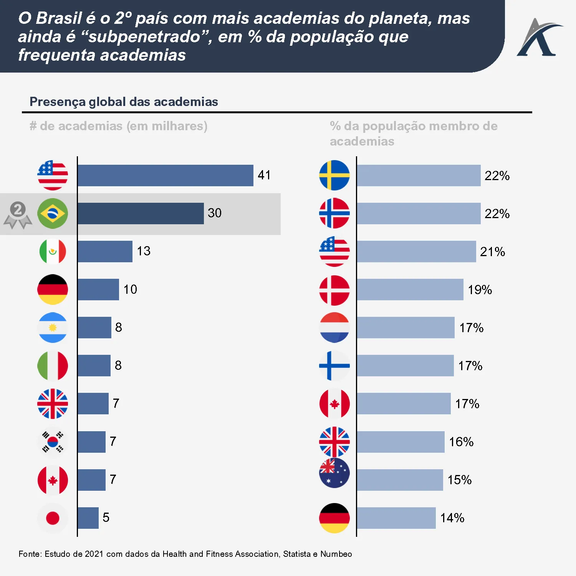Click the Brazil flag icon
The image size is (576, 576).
(x=53, y=214)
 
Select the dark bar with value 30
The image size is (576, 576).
(x=141, y=214)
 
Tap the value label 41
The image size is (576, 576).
(x=264, y=175)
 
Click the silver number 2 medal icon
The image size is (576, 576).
(x=18, y=215)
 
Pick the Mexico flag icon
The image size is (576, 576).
(x=53, y=252)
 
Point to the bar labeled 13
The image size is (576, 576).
(x=105, y=252)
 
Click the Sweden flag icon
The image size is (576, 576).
(x=334, y=175)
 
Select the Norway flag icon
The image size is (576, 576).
(x=334, y=213)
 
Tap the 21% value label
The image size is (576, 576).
(x=492, y=252)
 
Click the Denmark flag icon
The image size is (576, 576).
(x=334, y=290)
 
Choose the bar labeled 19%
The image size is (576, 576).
(x=410, y=290)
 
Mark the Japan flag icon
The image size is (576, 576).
(x=53, y=518)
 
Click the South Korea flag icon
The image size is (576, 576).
(x=53, y=442)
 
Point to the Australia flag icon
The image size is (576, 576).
(x=334, y=473)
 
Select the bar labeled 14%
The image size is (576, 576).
(x=396, y=518)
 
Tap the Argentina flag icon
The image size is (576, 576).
(x=53, y=328)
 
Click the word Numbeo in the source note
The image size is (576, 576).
(x=336, y=554)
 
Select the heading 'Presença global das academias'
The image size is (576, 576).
(x=124, y=102)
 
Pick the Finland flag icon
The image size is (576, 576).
(x=334, y=366)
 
